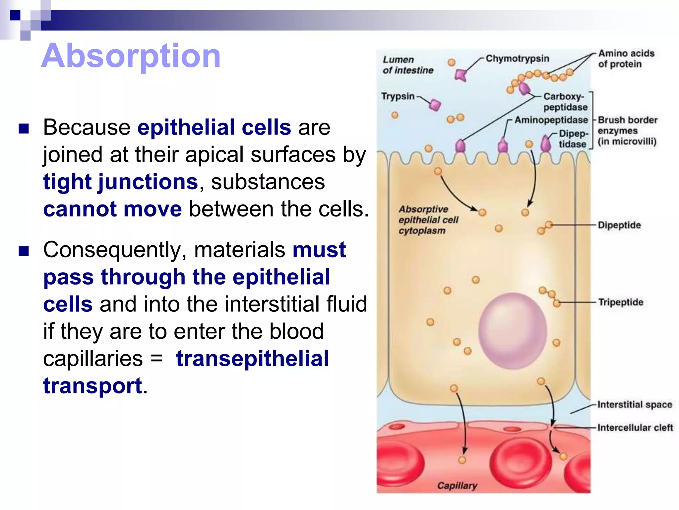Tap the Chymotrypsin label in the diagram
(x=517, y=58)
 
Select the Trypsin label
(x=398, y=96)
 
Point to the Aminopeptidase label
(x=551, y=120)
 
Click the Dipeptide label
(x=619, y=225)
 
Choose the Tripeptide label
(x=620, y=302)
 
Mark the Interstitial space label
(x=635, y=404)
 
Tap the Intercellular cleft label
(x=635, y=427)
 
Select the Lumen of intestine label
(x=408, y=65)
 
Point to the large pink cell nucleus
(x=513, y=331)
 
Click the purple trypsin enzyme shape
(x=435, y=105)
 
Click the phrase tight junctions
(x=121, y=182)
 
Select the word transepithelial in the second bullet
(x=252, y=359)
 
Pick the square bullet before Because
(x=24, y=128)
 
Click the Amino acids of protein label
(x=626, y=58)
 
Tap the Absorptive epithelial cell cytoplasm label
(x=428, y=220)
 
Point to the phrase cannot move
(x=112, y=209)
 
